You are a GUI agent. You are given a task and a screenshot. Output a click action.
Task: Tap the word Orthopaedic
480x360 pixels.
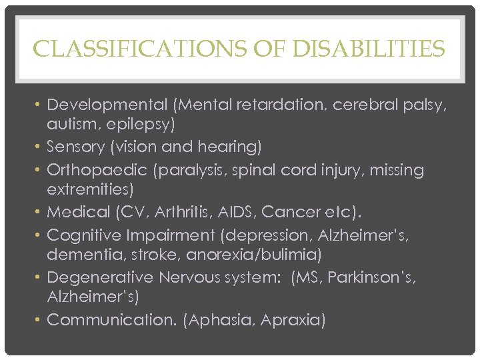[x=97, y=170]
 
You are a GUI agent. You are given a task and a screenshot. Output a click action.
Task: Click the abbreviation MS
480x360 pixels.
[x=307, y=277]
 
